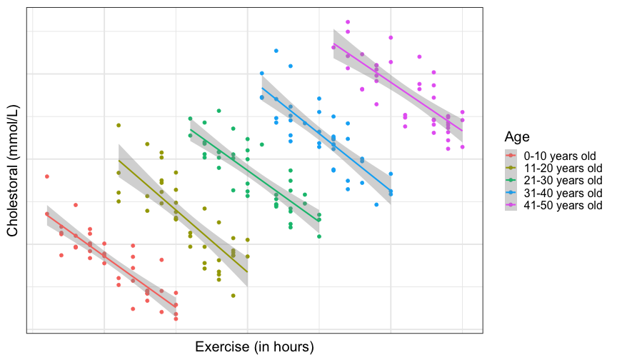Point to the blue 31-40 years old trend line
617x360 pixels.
326,139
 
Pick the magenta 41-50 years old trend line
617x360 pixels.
398,89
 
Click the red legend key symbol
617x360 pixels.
511,155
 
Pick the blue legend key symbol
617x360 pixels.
511,193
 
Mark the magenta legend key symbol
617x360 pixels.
511,206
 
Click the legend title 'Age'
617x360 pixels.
516,136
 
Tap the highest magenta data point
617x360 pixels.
348,22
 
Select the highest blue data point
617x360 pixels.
276,51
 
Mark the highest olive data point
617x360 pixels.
119,125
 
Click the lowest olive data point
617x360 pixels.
233,295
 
